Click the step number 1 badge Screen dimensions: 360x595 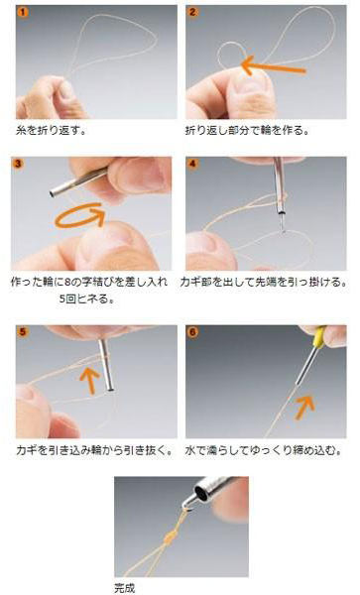coord(23,13)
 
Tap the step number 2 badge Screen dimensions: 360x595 coord(192,12)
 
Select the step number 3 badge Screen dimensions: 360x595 coord(18,164)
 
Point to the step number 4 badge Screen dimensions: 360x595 coord(192,164)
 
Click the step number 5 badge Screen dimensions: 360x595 coord(23,332)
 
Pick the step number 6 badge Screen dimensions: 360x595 coord(192,332)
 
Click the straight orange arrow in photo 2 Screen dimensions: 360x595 coord(273,66)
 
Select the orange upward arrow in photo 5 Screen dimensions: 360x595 coord(89,380)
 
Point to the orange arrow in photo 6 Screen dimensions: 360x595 coord(305,407)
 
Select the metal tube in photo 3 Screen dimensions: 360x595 coord(77,182)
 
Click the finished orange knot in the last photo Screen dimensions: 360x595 coord(170,537)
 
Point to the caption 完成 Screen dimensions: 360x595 coord(125,588)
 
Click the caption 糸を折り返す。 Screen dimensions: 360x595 coord(52,131)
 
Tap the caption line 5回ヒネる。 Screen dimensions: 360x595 coord(87,298)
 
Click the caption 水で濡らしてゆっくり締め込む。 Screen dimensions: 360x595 coord(264,450)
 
